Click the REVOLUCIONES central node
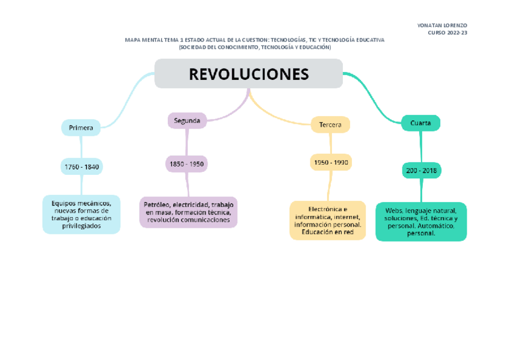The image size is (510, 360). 248,74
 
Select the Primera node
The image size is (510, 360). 81,128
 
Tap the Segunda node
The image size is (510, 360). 187,121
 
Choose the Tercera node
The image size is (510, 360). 330,125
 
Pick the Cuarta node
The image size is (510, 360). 420,123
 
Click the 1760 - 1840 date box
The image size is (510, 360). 81,166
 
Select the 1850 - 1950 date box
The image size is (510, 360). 186,163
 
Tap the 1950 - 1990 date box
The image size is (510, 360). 331,162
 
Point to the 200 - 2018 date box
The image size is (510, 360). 422,171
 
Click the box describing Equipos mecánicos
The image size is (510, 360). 81,215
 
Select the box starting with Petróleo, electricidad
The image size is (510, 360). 188,212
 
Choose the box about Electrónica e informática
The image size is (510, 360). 328,221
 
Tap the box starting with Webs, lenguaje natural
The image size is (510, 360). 421,222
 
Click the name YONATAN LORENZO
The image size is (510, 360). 442,25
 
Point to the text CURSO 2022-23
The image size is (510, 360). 447,33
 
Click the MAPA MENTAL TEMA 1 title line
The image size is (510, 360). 254,40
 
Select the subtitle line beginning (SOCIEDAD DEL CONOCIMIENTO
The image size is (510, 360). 254,47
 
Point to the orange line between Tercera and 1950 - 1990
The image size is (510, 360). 330,144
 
